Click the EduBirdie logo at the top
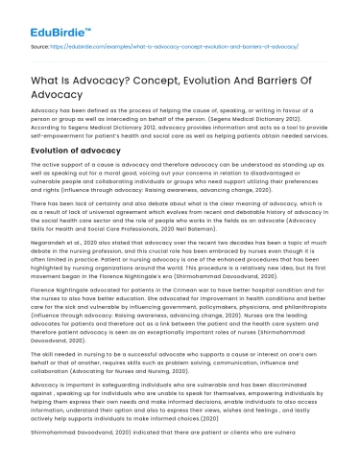(50, 17)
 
